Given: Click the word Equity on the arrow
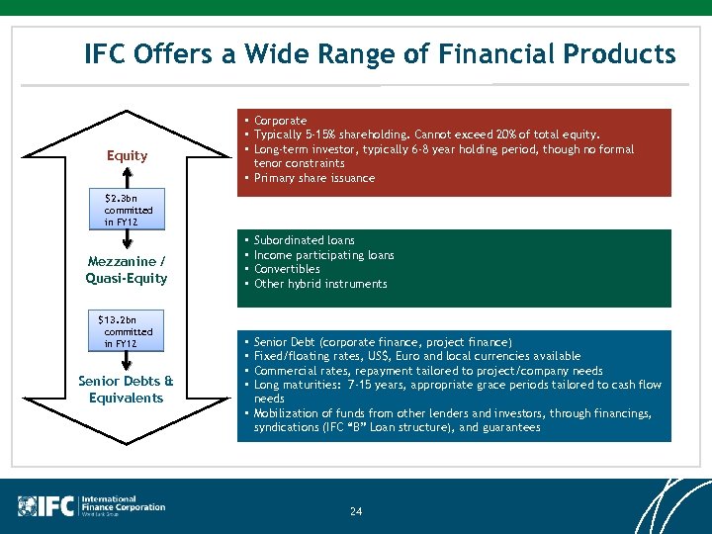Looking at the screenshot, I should [x=127, y=155].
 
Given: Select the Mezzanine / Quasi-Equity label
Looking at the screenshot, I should [x=127, y=270].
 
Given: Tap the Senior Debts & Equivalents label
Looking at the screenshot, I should [x=126, y=390].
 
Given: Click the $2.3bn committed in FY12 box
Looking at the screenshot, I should [x=128, y=210].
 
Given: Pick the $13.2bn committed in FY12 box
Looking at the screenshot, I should [x=126, y=331].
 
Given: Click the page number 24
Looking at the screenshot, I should [x=356, y=511].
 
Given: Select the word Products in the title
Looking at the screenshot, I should [x=619, y=53].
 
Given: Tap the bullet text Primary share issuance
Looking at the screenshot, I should [x=314, y=179].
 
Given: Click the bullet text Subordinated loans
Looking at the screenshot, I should [x=304, y=240].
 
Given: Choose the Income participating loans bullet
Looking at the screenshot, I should [x=323, y=255].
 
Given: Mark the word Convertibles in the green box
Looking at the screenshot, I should [x=287, y=269].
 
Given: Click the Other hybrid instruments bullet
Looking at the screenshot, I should [x=320, y=284].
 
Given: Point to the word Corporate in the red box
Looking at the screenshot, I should [x=280, y=121].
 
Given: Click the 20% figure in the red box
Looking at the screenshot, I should [x=502, y=134].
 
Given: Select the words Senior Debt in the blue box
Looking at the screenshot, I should [x=286, y=342].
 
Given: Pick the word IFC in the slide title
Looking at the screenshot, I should [x=107, y=53].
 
